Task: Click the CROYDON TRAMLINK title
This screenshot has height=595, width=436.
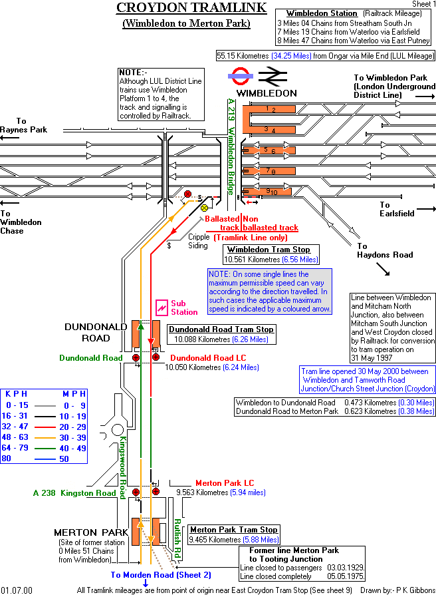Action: [191, 8]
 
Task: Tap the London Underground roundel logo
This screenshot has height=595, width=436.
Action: [241, 76]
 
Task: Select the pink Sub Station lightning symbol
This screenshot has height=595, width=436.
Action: [162, 307]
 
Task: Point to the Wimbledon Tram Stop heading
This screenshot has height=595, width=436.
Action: [273, 250]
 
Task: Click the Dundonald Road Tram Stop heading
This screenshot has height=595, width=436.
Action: [221, 329]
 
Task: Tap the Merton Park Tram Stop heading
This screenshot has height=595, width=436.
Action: [233, 530]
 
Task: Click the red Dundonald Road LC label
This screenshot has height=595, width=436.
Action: [207, 357]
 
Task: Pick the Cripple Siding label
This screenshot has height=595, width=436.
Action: [198, 241]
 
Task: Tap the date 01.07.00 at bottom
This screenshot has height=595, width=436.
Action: [16, 590]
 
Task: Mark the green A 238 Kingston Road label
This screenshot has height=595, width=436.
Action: [74, 493]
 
